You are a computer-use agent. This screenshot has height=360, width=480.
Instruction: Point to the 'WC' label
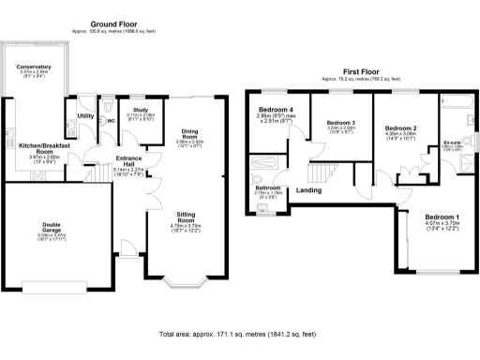pos(111,120)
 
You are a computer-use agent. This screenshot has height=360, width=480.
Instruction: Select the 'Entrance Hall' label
pos(127,161)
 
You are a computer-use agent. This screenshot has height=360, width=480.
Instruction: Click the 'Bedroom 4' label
pos(275,110)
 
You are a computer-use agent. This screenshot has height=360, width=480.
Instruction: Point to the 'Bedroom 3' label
pos(340,123)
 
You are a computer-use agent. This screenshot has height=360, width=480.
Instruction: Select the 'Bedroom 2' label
pos(400,127)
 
